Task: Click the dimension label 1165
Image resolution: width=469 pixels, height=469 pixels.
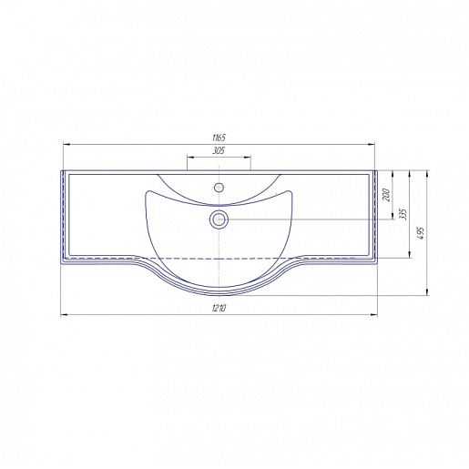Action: click(x=219, y=138)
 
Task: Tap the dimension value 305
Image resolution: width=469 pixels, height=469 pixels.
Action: click(x=219, y=150)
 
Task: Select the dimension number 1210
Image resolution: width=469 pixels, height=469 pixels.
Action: click(x=219, y=308)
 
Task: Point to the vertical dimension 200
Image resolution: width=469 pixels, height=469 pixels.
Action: click(x=386, y=195)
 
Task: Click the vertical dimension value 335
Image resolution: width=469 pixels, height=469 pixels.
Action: click(x=403, y=214)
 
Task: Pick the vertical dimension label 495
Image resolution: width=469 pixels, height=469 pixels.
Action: click(x=421, y=233)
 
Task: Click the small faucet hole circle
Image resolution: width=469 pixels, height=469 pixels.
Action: click(x=219, y=188)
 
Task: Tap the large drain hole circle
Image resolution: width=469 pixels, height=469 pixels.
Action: click(x=219, y=219)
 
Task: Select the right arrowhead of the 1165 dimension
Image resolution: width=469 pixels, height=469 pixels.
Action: click(x=372, y=145)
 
